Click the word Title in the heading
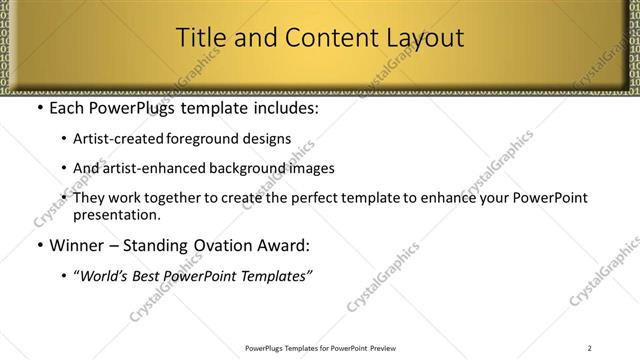click(200, 39)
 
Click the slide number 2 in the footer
click(591, 348)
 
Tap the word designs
click(266, 139)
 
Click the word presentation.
click(115, 215)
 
